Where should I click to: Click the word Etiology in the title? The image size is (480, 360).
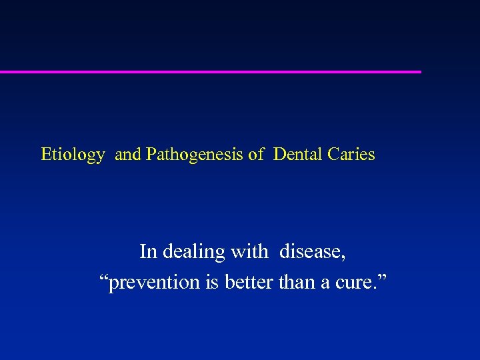[73, 155]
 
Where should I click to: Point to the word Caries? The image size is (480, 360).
[351, 155]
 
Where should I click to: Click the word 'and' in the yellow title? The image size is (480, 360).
[128, 155]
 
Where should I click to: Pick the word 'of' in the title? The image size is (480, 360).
[256, 155]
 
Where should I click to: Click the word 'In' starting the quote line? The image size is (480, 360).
[148, 252]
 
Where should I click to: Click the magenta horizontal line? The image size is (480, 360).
[210, 71]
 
